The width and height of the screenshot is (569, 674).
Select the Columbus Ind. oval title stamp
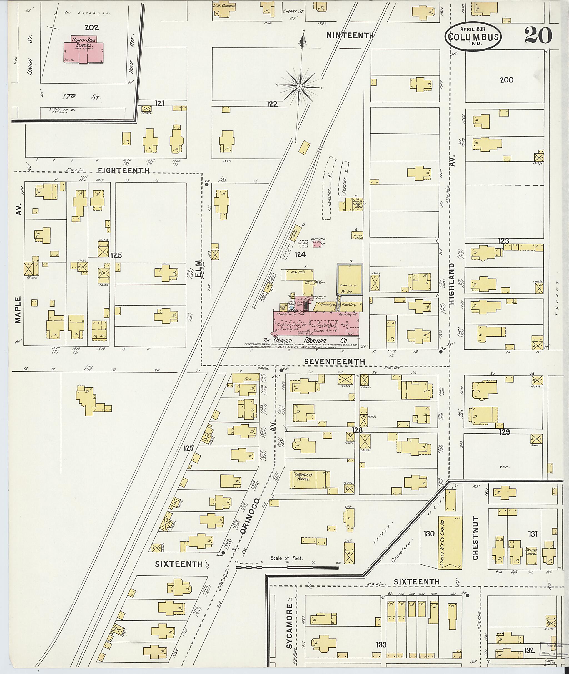(473, 36)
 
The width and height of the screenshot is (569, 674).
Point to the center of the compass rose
(299, 86)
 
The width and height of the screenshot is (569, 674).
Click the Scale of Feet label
(286, 558)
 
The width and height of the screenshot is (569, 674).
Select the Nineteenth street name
(350, 36)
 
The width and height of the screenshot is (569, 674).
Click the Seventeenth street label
(335, 362)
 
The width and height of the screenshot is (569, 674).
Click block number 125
(116, 256)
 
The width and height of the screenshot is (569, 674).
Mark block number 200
(506, 80)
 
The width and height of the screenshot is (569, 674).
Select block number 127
(189, 448)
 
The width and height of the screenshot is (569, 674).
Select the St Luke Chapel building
(531, 552)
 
